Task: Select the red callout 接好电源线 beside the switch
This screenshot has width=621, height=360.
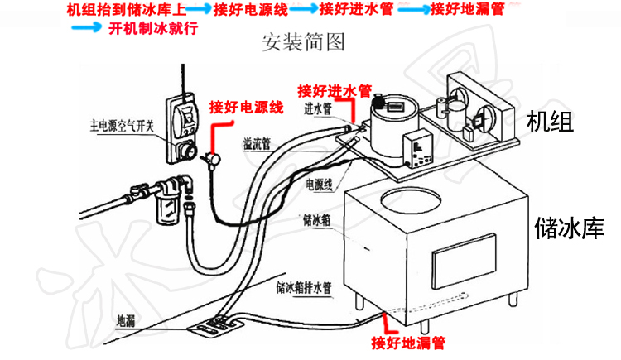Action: point(246,107)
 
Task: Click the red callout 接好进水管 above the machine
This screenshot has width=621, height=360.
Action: point(335,89)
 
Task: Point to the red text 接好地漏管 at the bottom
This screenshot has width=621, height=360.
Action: point(409,341)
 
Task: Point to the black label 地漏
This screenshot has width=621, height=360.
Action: point(126,319)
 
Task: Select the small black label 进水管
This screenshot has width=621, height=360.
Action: point(319,108)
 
